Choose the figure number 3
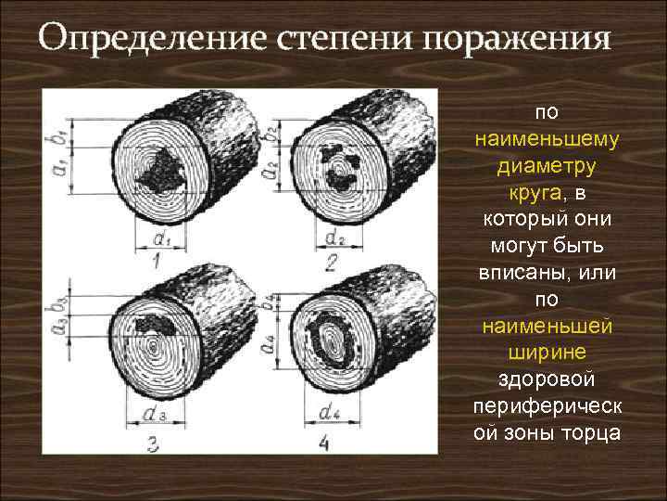click(x=153, y=444)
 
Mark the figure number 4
click(x=323, y=444)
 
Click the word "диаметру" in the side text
click(x=547, y=167)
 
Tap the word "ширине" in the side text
click(x=547, y=353)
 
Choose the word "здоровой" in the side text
click(x=547, y=380)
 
